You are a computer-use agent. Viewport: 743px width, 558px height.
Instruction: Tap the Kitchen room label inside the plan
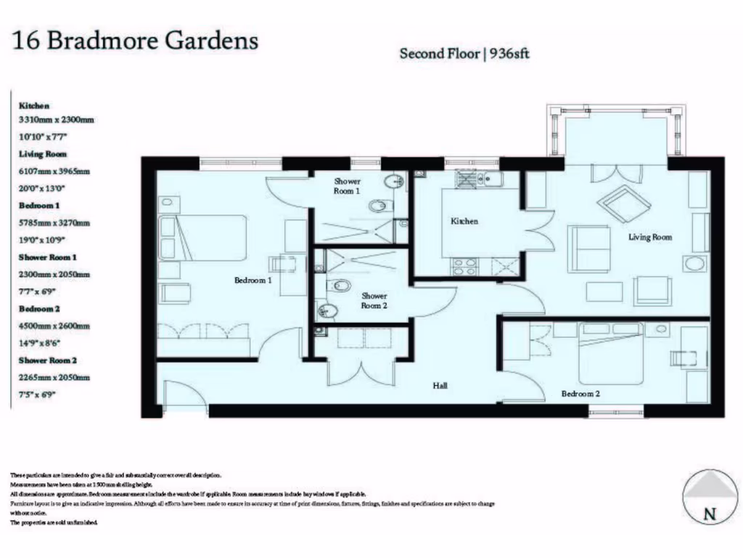point(464,221)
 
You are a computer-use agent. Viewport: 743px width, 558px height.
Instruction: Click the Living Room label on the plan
point(650,237)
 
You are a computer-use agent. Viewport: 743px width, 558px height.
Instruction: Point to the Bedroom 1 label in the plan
point(253,280)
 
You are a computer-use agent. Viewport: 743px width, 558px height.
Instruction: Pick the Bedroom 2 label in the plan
point(580,394)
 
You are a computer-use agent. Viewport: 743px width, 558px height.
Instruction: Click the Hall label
point(440,385)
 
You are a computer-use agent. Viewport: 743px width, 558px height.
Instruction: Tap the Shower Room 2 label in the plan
point(374,301)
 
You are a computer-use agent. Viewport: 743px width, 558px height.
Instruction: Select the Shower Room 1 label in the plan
point(346,186)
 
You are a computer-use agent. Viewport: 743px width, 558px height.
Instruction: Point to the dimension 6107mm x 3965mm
point(54,171)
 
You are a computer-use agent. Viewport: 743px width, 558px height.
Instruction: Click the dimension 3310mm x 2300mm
point(57,119)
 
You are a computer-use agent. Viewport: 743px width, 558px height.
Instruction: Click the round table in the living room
point(695,264)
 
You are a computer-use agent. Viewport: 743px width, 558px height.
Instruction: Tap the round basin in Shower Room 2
point(329,311)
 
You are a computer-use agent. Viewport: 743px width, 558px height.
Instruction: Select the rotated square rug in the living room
point(622,203)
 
